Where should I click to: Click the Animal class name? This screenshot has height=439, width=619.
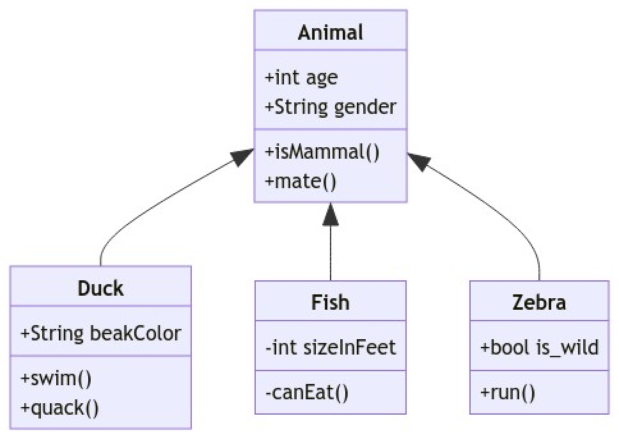coord(330,32)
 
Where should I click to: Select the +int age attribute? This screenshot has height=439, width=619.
coord(301,77)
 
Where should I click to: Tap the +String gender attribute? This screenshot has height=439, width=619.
coord(330,106)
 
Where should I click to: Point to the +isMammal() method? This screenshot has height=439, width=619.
coord(322,152)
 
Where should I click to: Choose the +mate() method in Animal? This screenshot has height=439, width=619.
coord(300,180)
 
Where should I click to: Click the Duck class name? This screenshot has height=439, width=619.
coord(100,288)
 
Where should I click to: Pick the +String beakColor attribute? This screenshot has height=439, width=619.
coord(100,333)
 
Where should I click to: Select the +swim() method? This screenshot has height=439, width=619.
coord(56,378)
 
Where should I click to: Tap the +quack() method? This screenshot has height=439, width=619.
coord(60,407)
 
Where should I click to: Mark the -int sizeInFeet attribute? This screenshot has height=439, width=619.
coord(330,347)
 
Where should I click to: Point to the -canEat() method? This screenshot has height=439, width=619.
coord(306,392)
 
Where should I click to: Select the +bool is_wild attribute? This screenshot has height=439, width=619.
coord(539,347)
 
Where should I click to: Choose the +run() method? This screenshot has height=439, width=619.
coord(507,392)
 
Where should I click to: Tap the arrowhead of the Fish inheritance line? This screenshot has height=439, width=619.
coord(330,214)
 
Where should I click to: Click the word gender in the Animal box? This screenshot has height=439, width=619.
coord(365,106)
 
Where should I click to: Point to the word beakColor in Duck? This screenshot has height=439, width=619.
coord(136,333)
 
